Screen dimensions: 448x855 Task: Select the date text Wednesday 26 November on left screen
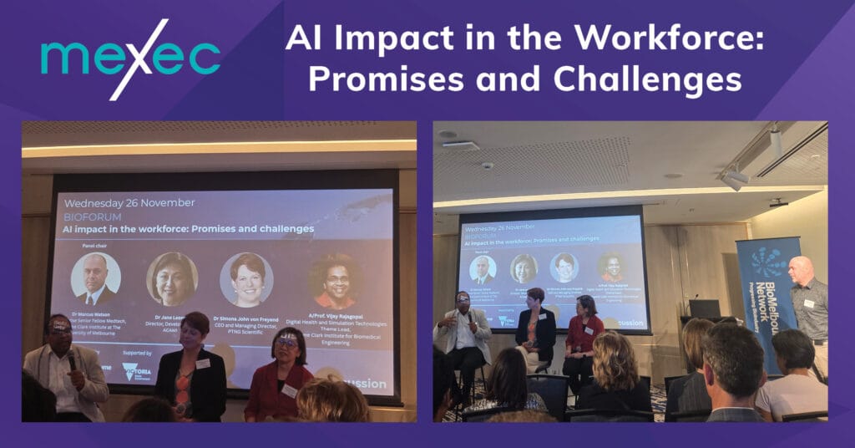[129, 202]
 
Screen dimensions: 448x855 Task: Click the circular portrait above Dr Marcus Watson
[95, 278]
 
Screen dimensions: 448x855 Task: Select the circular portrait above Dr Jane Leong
[171, 279]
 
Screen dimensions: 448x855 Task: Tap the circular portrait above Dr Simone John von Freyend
[246, 279]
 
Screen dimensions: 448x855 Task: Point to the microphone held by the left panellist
[71, 361]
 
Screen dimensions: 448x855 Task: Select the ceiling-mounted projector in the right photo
[778, 202]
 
